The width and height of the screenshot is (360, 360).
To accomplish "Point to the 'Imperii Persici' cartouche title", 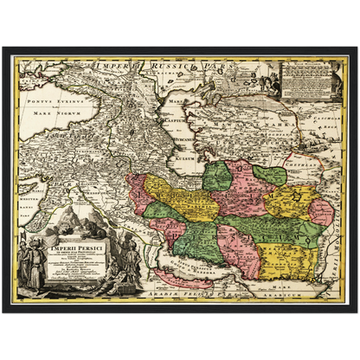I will pos(74,228).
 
